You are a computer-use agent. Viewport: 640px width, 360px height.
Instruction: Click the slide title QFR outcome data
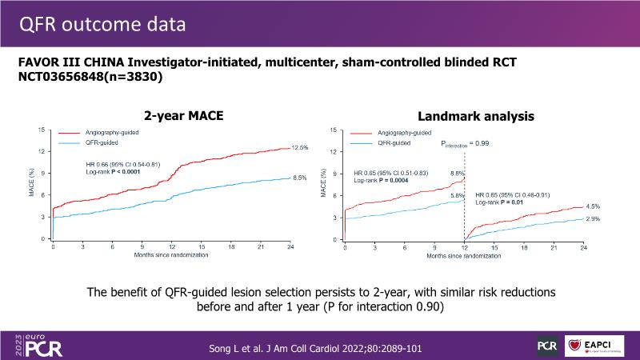pyautogui.click(x=103, y=24)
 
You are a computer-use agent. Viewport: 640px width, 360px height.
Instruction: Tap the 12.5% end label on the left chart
pyautogui.click(x=299, y=148)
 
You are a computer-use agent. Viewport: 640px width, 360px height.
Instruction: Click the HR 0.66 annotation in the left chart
pyautogui.click(x=122, y=165)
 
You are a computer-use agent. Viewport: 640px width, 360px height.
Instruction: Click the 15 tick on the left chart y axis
pyautogui.click(x=42, y=130)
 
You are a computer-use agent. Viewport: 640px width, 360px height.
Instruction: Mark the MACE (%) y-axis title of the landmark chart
pyautogui.click(x=323, y=185)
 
